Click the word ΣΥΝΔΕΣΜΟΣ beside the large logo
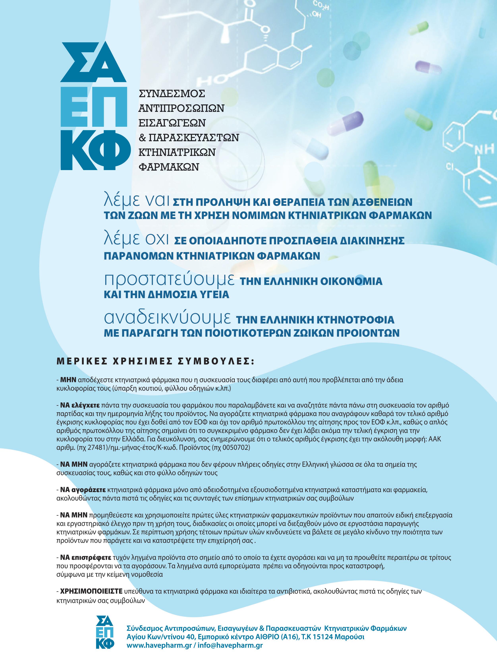tap(172, 94)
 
